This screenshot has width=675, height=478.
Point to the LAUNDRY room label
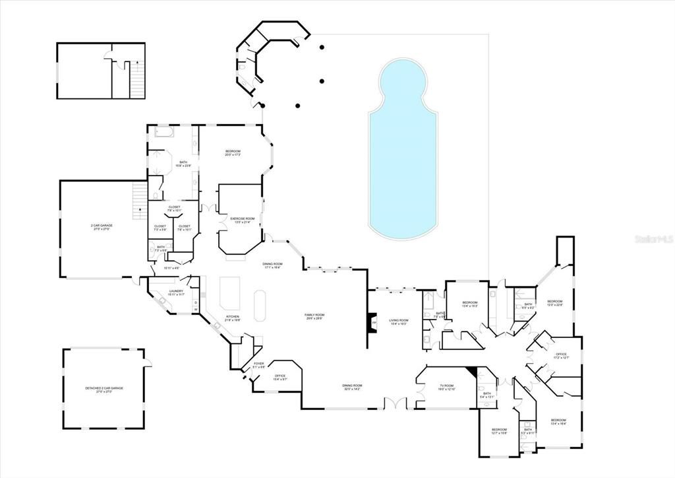coord(175,292)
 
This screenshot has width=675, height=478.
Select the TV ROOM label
coord(446,387)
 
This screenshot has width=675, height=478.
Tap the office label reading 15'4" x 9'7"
coord(280,378)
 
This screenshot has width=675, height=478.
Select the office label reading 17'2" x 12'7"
coord(561,357)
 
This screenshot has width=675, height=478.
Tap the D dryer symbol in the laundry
coord(195,302)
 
